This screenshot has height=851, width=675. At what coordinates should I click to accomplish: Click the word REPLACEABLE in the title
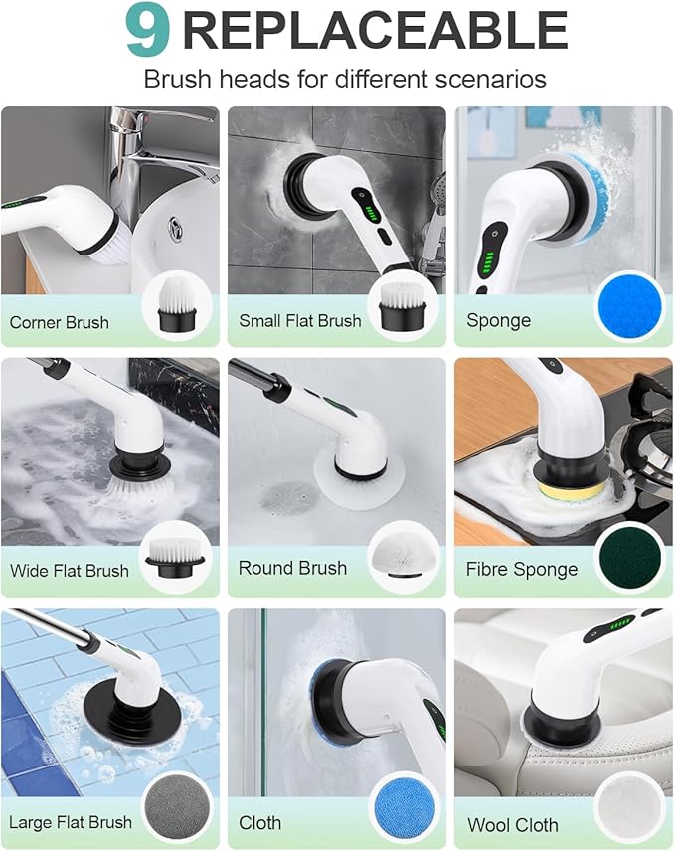(375, 32)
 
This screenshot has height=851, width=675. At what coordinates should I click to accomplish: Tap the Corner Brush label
(60, 322)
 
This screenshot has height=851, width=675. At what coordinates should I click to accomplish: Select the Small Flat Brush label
(299, 321)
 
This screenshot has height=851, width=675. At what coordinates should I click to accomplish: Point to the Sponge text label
(498, 320)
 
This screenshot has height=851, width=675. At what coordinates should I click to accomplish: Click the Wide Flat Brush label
(70, 571)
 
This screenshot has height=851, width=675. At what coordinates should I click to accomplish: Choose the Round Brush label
(292, 568)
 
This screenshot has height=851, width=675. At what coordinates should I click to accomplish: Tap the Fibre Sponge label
(521, 570)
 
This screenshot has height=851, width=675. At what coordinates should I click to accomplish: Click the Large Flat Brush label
(71, 822)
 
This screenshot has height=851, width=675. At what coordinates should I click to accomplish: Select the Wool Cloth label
(512, 824)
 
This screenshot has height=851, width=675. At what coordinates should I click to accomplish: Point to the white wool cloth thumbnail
(629, 808)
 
